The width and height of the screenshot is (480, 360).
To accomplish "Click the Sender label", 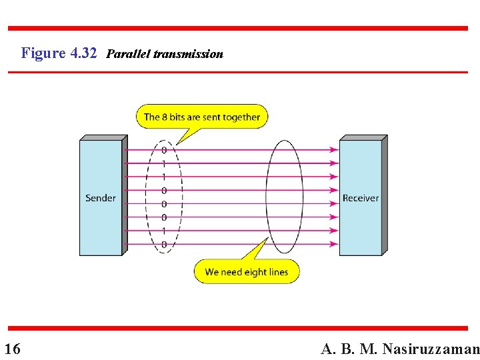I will click(101, 198).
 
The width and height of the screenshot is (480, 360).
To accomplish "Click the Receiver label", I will click(360, 198).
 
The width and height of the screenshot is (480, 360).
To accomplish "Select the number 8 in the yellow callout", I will click(164, 117).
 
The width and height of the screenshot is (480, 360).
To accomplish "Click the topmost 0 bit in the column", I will click(164, 150).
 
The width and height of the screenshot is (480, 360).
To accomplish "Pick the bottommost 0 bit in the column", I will click(164, 245).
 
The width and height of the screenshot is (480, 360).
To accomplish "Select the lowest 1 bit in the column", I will click(164, 231).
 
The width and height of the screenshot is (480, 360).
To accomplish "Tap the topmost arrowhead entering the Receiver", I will click(335, 150).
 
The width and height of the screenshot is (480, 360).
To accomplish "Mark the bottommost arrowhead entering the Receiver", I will click(335, 245).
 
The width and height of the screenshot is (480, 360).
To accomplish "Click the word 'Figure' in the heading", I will click(43, 53).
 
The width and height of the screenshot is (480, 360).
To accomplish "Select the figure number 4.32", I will click(83, 53).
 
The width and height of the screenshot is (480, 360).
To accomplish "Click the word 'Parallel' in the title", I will click(128, 54).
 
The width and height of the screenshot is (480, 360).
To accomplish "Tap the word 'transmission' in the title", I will click(188, 54).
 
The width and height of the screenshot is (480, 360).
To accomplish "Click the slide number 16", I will click(12, 349).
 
